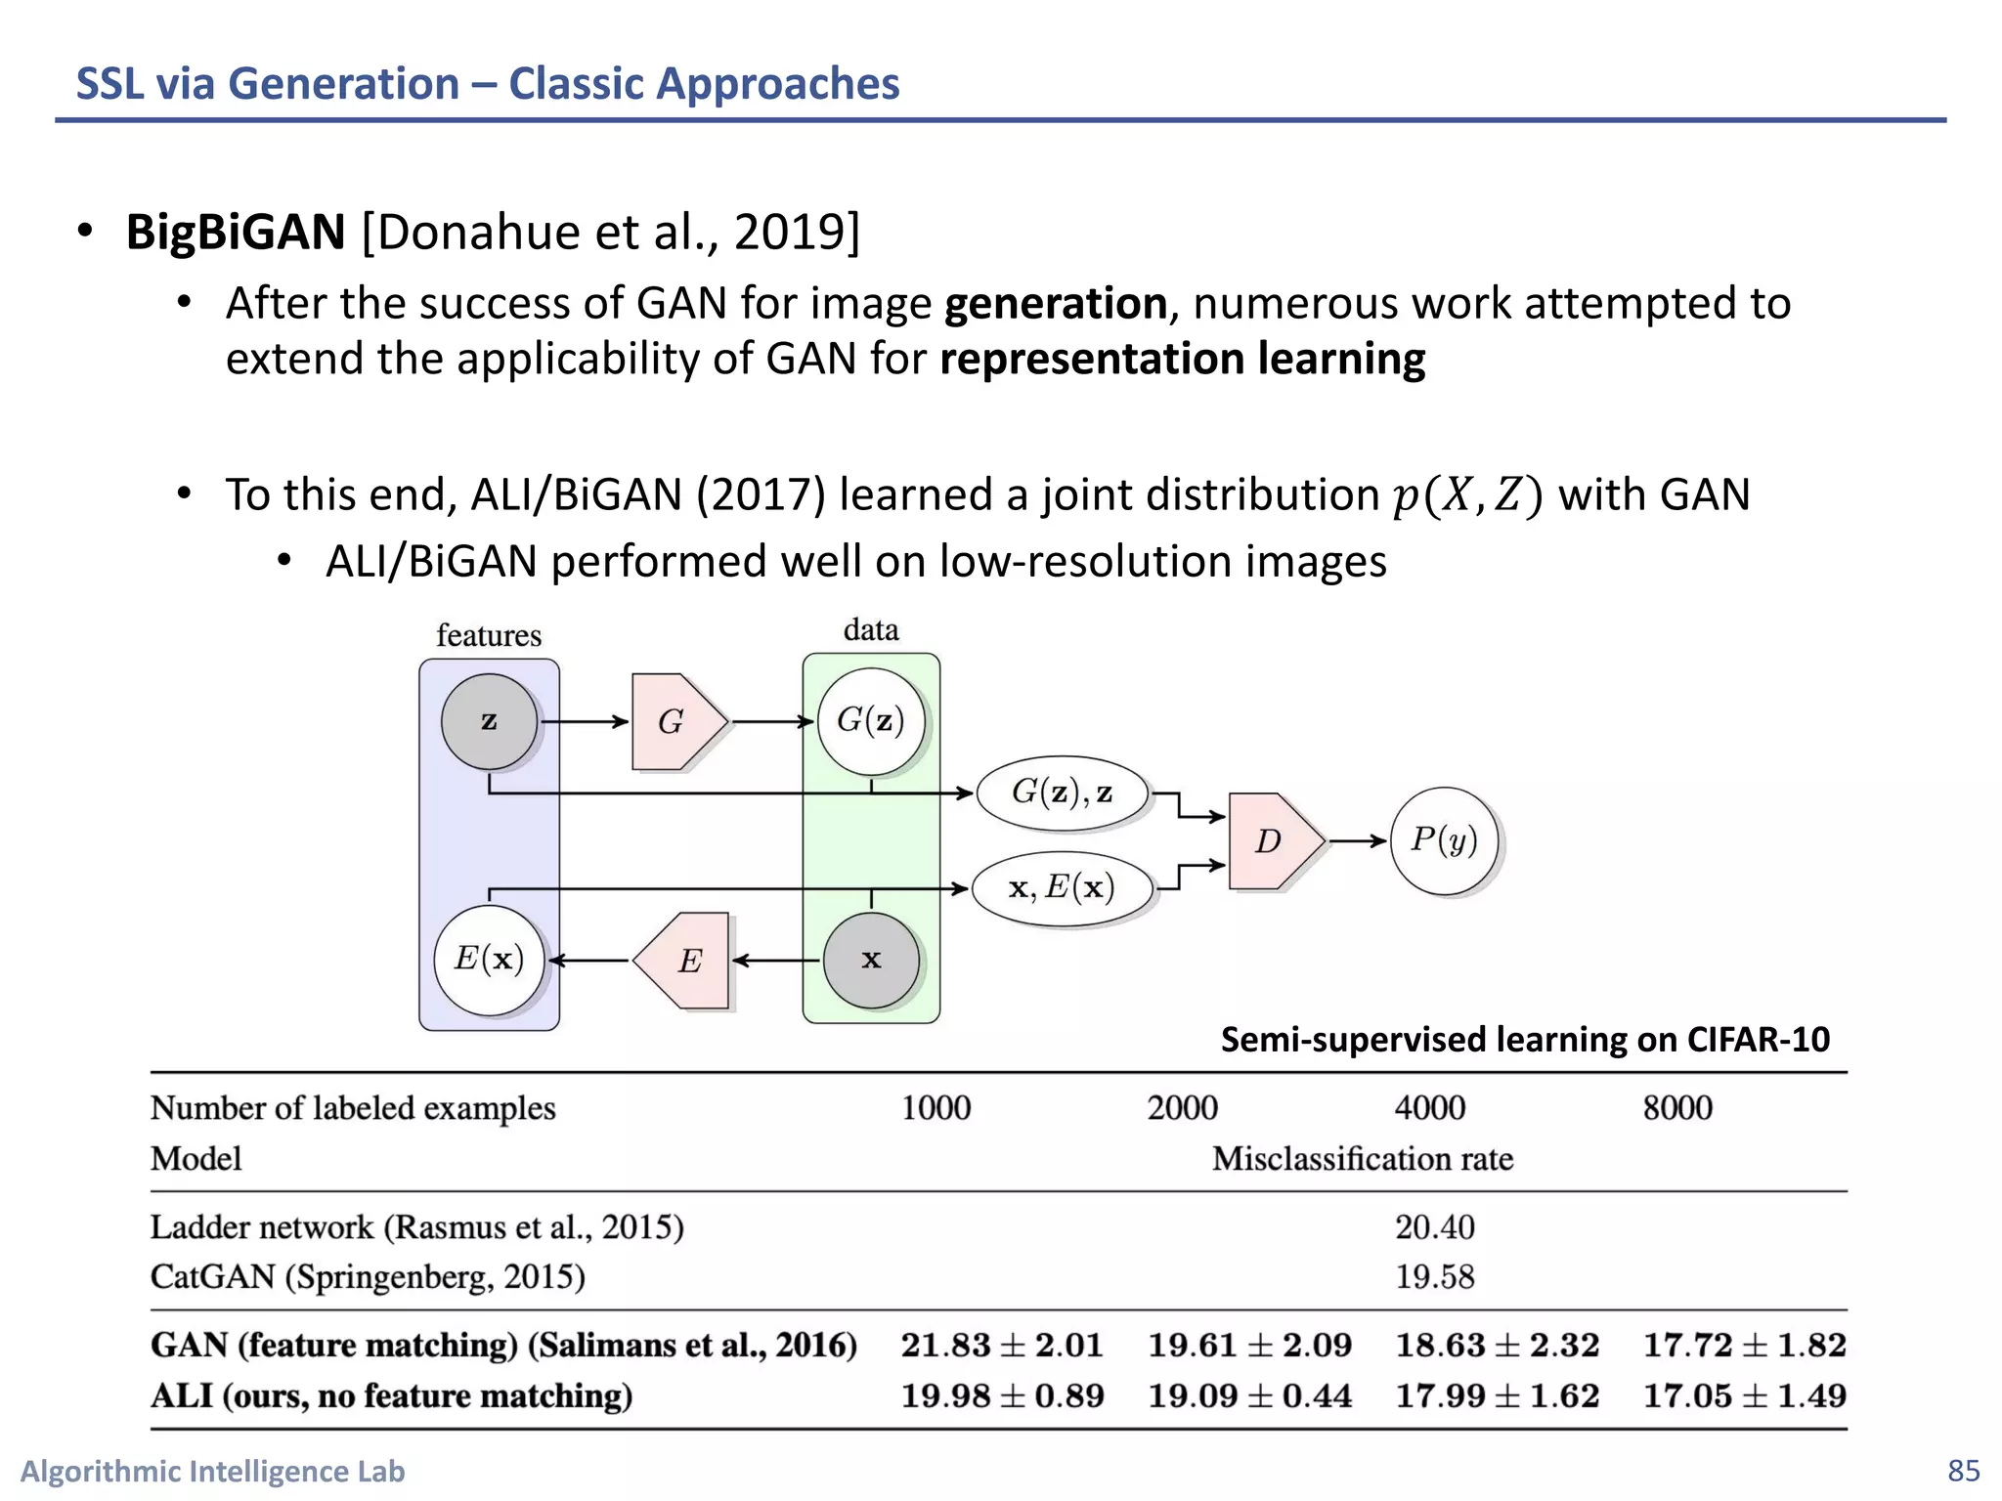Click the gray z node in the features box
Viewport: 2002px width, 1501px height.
489,721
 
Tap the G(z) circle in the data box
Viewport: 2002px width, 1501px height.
870,721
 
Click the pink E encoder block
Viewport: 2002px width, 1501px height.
684,961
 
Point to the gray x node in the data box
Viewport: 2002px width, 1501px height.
871,960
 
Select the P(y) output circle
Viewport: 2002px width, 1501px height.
1444,840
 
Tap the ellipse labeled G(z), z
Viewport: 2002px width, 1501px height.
1063,793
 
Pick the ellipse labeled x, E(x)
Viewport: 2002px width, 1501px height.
1063,888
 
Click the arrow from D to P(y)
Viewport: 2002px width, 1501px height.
1358,840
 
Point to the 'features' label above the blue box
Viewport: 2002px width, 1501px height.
489,635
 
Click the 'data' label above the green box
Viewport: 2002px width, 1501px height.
871,629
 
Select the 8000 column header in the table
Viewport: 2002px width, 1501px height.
1677,1108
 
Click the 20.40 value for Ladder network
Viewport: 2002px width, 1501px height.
1434,1227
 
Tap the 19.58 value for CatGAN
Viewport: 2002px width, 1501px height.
1434,1277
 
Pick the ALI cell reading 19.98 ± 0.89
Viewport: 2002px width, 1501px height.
1002,1395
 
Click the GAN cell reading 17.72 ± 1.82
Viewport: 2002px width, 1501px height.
1744,1346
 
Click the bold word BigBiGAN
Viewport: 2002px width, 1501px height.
236,233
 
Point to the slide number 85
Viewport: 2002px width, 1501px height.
1963,1471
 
